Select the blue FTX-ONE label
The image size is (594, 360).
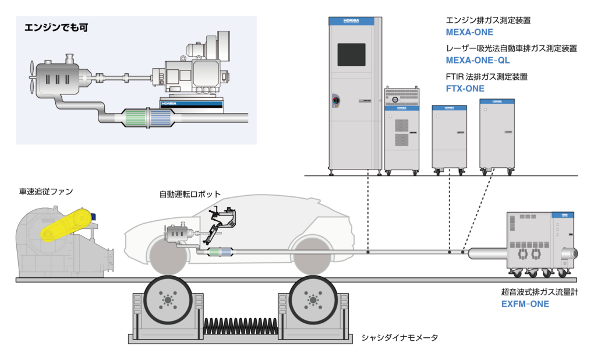[465, 89]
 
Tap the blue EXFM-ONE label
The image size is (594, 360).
[525, 303]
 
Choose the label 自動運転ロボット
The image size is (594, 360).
[191, 194]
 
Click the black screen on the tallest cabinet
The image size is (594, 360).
[351, 54]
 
